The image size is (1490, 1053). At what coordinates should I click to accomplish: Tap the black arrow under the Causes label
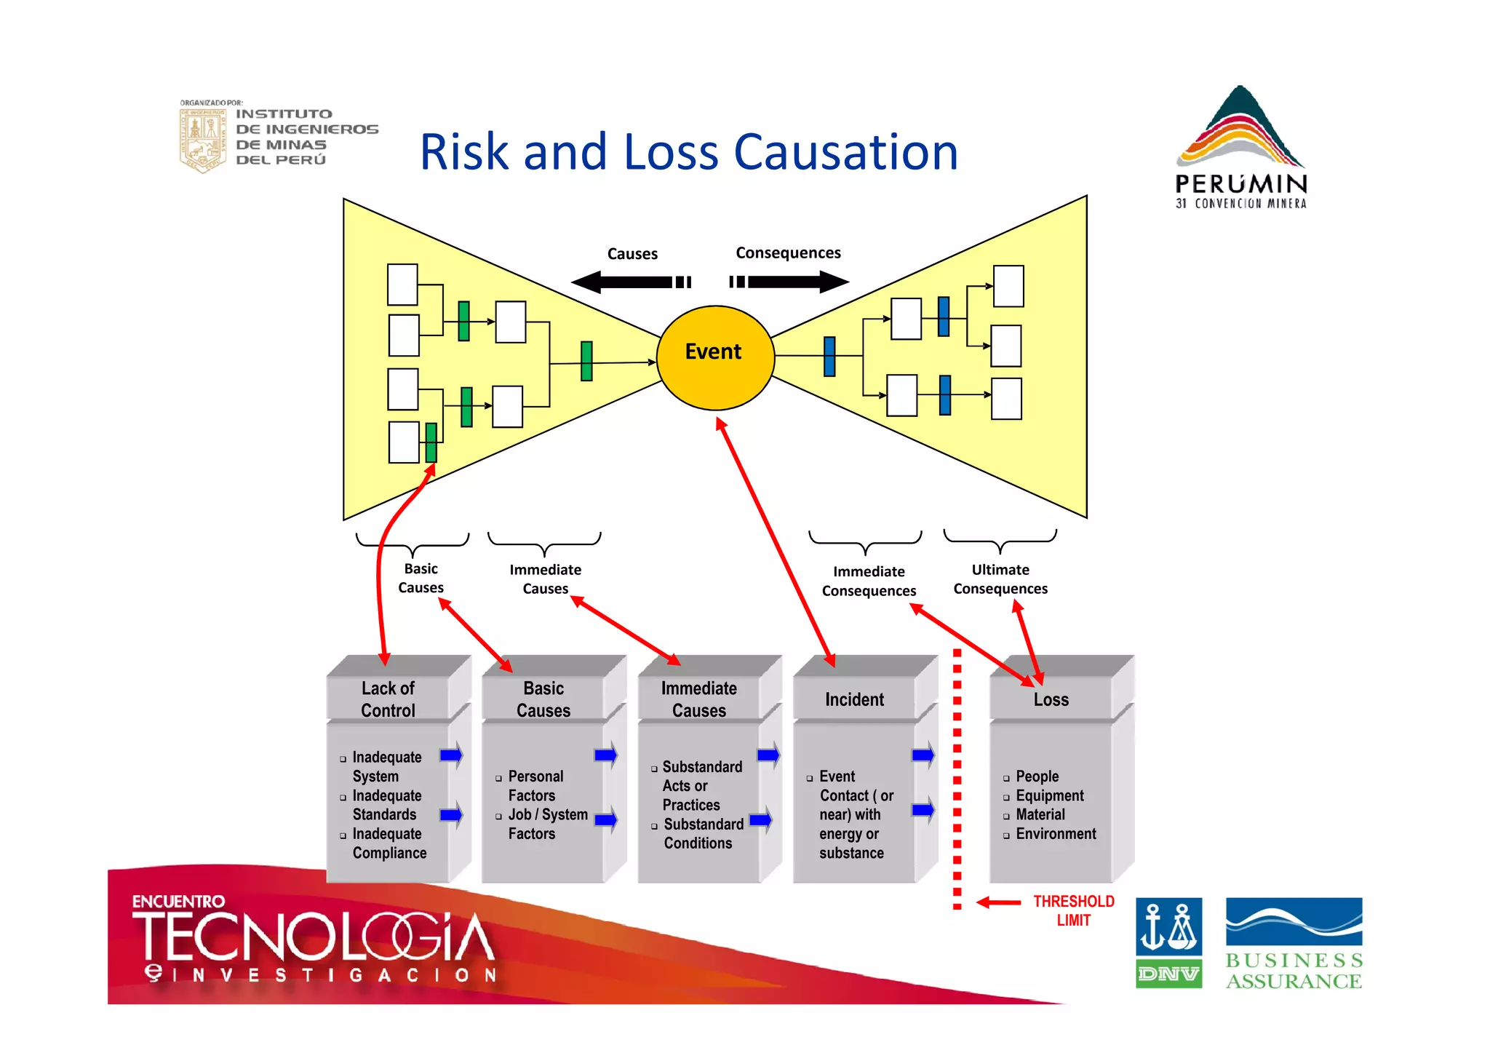point(630,282)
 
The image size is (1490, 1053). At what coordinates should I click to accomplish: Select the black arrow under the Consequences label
point(790,282)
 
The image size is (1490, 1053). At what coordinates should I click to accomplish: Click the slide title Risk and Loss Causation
point(688,152)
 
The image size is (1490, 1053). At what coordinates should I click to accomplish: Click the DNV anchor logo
point(1168,942)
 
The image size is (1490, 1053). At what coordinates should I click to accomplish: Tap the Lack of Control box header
point(388,699)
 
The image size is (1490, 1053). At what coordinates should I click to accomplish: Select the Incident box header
point(854,699)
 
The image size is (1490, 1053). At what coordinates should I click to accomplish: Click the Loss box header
point(1051,699)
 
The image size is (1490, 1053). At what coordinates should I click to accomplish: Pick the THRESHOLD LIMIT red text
point(1073,910)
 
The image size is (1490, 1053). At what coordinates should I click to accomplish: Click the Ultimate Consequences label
point(1000,579)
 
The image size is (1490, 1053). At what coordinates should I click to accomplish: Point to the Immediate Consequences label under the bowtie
point(869,581)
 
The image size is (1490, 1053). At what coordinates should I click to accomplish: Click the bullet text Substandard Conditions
point(703,833)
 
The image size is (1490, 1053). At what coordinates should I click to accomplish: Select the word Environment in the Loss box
point(1055,834)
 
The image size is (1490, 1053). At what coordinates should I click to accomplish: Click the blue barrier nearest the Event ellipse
point(829,357)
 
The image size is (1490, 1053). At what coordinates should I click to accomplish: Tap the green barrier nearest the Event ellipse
point(586,361)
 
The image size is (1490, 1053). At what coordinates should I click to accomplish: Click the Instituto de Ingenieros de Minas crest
point(202,138)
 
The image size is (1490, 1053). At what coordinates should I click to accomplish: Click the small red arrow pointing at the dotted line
point(999,902)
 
